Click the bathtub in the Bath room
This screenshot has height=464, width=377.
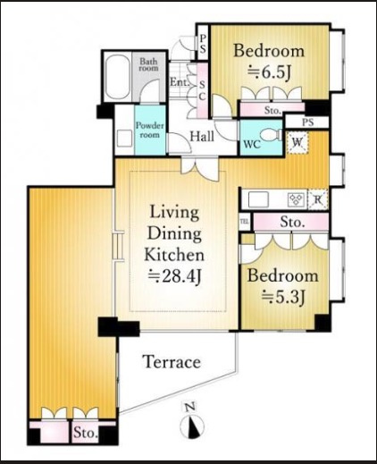[118, 77]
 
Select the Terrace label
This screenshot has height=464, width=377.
[172, 362]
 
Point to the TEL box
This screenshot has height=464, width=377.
[244, 222]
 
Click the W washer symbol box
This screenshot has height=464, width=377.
[297, 143]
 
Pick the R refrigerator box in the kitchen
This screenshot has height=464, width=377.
[318, 199]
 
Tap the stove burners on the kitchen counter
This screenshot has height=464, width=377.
[297, 199]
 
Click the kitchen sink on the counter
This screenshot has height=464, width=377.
[258, 199]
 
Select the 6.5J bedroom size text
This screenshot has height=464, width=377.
[269, 72]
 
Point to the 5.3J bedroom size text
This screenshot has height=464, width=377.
[283, 297]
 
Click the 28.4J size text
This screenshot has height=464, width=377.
[175, 276]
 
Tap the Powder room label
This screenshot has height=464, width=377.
[150, 130]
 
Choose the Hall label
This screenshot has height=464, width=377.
[202, 137]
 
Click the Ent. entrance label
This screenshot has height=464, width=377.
[180, 82]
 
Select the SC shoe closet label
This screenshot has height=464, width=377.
[202, 91]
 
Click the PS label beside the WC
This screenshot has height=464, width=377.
[308, 122]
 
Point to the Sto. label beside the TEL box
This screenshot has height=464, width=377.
[292, 223]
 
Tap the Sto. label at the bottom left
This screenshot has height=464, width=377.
[86, 433]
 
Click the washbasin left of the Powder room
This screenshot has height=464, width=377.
[124, 139]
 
